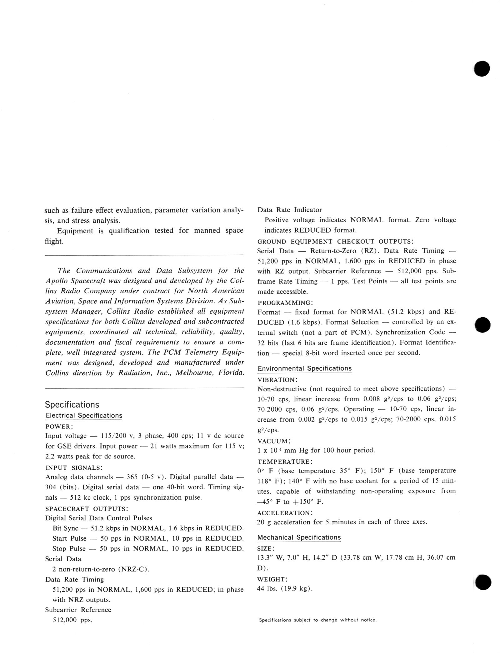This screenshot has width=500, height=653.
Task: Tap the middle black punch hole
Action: click(482, 325)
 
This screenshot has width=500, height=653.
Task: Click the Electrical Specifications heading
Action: click(84, 416)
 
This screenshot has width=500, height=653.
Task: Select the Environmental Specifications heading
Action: click(304, 369)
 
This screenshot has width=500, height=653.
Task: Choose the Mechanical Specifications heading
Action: click(299, 537)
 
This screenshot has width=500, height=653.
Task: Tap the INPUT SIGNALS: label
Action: click(74, 468)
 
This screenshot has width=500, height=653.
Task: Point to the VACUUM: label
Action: click(274, 441)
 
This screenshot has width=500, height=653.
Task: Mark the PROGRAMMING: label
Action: click(285, 303)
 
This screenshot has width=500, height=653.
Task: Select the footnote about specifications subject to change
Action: click(317, 620)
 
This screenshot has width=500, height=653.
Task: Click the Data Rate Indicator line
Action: click(289, 210)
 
